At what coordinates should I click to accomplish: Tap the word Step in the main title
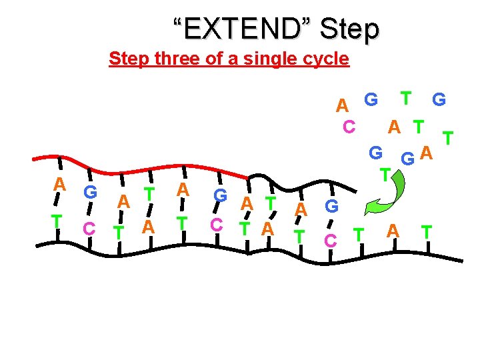[350, 29]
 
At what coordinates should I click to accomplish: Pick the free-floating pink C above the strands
[348, 125]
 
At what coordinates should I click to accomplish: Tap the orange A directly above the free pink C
[342, 105]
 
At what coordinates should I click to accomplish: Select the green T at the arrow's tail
[385, 175]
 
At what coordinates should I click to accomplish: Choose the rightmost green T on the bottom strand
[426, 231]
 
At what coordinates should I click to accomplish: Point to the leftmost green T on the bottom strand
[58, 221]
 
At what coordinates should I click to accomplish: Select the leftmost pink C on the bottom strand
[88, 228]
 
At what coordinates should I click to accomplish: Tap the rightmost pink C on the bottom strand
[330, 239]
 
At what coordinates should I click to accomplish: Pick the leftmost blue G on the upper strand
[90, 193]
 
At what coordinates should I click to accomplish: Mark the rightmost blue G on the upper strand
[331, 206]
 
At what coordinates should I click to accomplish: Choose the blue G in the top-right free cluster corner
[439, 100]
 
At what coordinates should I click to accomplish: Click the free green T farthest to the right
[449, 137]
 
